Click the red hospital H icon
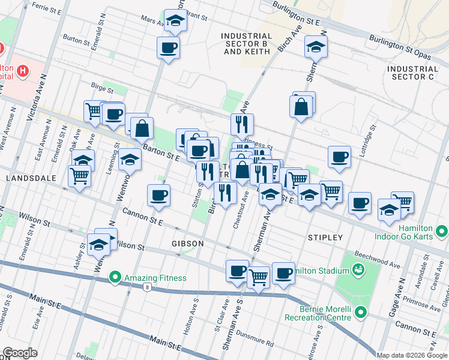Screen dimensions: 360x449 pyautogui.click(x=23, y=71)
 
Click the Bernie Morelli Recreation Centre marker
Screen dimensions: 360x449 pyautogui.click(x=360, y=312)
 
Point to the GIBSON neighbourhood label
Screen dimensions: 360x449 pyautogui.click(x=188, y=244)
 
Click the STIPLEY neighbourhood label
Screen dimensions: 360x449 pyautogui.click(x=325, y=238)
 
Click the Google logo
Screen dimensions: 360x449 pyautogui.click(x=20, y=353)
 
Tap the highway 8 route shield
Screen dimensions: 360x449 pyautogui.click(x=148, y=287)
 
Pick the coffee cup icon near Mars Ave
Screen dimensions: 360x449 pyautogui.click(x=168, y=47)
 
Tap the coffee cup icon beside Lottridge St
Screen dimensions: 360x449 pyautogui.click(x=339, y=157)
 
